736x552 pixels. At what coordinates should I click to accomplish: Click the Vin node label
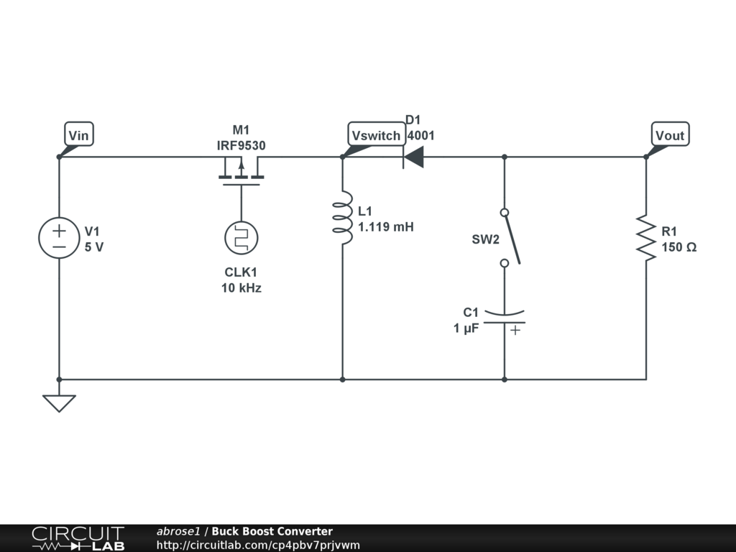tap(79, 134)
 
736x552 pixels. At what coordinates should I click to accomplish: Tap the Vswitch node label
tap(376, 134)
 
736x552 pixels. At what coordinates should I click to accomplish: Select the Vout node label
tap(670, 134)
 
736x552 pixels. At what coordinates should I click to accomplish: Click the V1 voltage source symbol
tap(59, 238)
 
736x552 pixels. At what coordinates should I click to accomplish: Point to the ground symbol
tap(59, 402)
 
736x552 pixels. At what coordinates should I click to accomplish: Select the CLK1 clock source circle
tap(241, 238)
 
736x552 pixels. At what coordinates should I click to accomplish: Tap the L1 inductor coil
tap(343, 218)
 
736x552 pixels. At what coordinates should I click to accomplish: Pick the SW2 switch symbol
tap(508, 238)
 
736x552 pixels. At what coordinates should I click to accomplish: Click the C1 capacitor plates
tap(504, 318)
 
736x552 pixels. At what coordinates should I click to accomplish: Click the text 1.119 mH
tap(386, 227)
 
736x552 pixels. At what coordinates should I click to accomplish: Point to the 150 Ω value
tap(678, 247)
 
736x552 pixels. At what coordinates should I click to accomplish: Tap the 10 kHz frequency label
tap(241, 289)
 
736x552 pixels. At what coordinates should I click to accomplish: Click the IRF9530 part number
tap(241, 145)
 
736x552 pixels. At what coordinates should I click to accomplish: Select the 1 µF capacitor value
tap(466, 328)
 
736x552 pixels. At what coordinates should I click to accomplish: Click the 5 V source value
tap(94, 247)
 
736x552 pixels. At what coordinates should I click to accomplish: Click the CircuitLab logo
tap(78, 538)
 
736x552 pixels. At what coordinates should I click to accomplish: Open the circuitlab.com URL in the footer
tap(258, 546)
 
